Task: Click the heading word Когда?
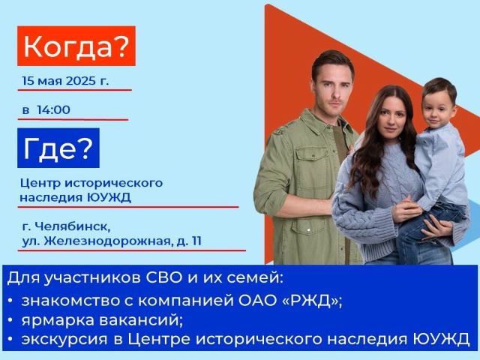[75, 46]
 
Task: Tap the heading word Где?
[58, 148]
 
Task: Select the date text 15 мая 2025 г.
[65, 81]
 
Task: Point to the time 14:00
[53, 109]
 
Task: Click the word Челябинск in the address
[73, 227]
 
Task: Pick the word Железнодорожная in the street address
[107, 241]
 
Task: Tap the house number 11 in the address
[196, 241]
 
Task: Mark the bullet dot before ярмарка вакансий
[10, 320]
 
